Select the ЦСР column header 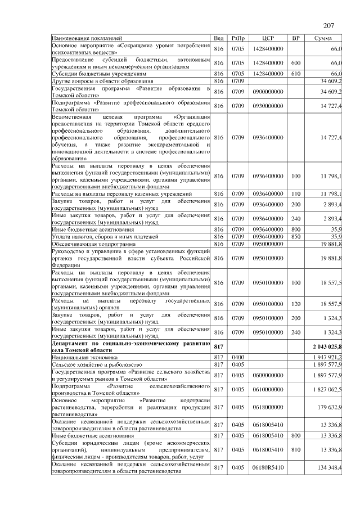point(268,38)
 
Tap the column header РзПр point(237,38)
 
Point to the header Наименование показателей point(83,38)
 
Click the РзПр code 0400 point(237,357)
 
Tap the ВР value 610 point(295,73)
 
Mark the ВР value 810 point(295,449)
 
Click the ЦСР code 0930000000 point(268,106)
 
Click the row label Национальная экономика point(85,357)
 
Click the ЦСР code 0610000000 point(268,389)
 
